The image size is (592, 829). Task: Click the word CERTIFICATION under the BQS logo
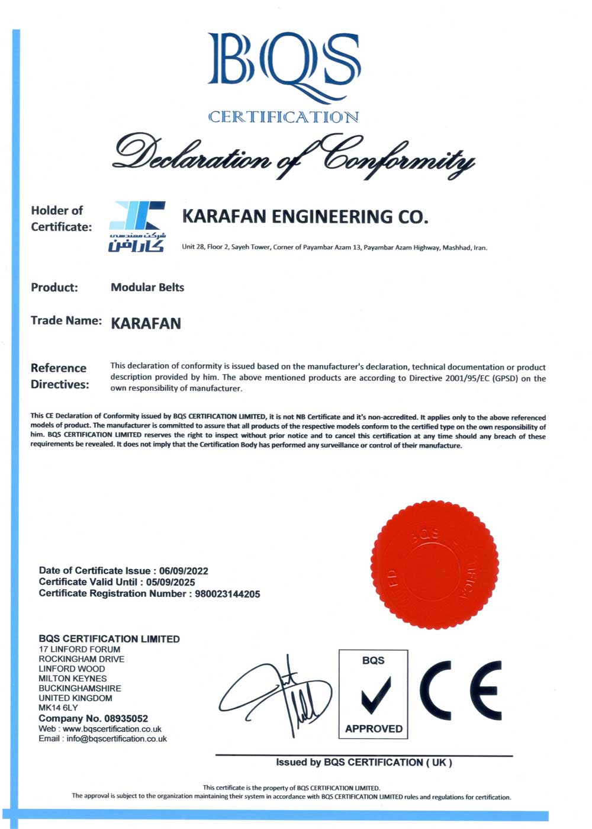[x=283, y=117]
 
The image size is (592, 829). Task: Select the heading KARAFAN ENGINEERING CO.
[x=305, y=217]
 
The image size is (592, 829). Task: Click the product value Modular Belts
[x=147, y=287]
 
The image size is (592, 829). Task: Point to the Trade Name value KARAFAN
[x=146, y=323]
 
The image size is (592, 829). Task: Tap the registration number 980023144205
[x=227, y=594]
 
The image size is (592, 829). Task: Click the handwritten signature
[x=278, y=696]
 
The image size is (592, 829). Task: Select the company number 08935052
[x=126, y=718]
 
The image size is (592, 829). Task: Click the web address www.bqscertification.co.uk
[x=112, y=729]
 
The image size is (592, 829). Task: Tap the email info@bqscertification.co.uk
[x=117, y=739]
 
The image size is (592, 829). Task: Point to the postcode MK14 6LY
[x=58, y=708]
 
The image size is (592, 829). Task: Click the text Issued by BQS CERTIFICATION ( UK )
[x=363, y=762]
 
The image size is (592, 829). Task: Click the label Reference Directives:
[x=60, y=376]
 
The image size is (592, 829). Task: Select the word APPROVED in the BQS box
[x=374, y=728]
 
